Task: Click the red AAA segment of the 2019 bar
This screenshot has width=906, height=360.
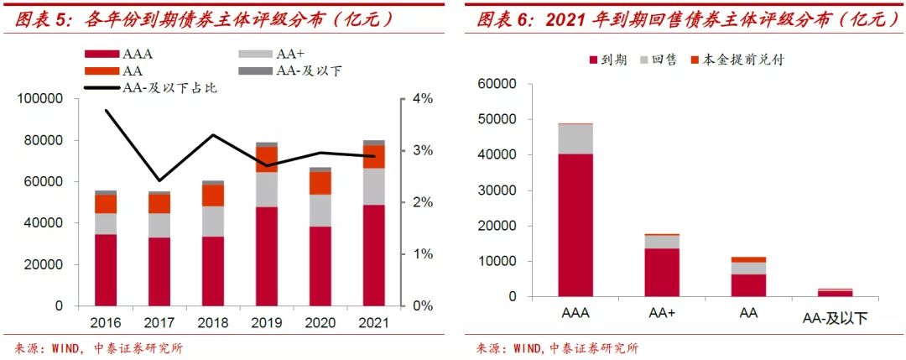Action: pos(267,256)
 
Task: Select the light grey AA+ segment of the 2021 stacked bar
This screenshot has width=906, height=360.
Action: pos(374,186)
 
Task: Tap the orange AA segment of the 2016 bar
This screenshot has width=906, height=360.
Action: pos(106,204)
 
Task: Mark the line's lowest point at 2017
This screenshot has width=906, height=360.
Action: pos(159,180)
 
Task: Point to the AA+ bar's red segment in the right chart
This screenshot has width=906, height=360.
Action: pos(662,272)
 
